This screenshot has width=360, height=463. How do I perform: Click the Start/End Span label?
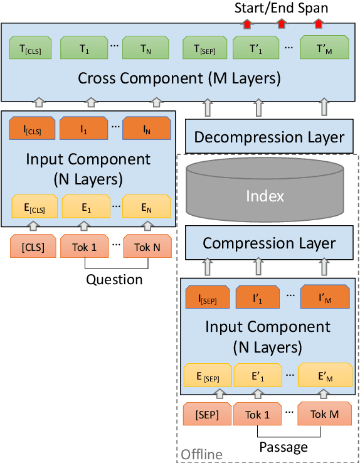[281, 8]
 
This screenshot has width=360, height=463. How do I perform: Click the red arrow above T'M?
[319, 24]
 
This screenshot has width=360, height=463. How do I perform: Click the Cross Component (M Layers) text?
[179, 79]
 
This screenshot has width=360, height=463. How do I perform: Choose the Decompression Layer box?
[269, 137]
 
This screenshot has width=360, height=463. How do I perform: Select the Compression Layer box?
[269, 243]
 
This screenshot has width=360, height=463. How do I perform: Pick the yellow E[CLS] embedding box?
[34, 206]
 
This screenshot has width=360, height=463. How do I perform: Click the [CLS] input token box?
[33, 247]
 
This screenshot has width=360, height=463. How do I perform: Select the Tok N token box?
[147, 247]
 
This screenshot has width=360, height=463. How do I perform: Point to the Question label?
[115, 280]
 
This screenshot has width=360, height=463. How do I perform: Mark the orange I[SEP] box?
[208, 297]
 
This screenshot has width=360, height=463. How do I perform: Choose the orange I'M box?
[324, 297]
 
